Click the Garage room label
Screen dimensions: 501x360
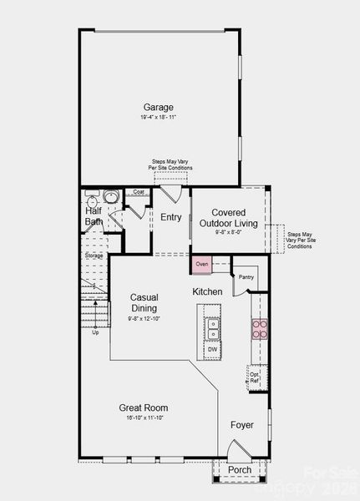click(x=158, y=107)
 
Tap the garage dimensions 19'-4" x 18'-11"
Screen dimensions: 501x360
click(x=158, y=118)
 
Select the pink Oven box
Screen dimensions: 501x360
click(x=201, y=265)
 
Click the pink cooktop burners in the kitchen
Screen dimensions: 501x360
click(x=260, y=329)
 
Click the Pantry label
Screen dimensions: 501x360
click(x=246, y=277)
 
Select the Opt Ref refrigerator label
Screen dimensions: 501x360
click(x=255, y=377)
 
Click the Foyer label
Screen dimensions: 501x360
click(x=242, y=425)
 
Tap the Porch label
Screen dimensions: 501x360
click(x=240, y=469)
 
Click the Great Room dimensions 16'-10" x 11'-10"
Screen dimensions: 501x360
click(x=145, y=417)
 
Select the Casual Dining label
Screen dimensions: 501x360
click(x=145, y=303)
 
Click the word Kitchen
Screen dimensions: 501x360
click(x=207, y=291)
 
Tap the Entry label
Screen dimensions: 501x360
click(x=171, y=217)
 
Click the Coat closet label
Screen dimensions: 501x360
click(x=137, y=193)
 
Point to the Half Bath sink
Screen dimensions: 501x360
click(x=111, y=198)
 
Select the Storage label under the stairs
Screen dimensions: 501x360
click(x=94, y=256)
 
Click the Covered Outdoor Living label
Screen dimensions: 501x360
click(x=228, y=218)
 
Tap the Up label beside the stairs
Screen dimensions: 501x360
click(x=95, y=332)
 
